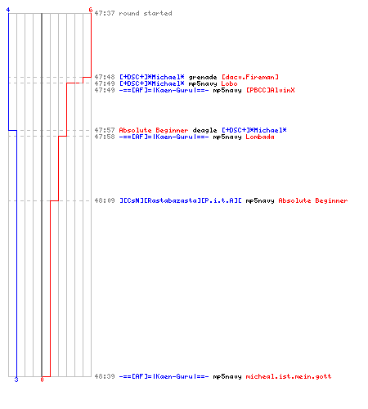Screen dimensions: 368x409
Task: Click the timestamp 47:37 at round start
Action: [x=105, y=13]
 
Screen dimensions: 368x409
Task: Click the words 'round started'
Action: [x=146, y=13]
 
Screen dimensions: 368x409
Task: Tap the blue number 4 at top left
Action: [x=8, y=10]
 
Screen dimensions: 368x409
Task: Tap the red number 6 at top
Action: [x=91, y=10]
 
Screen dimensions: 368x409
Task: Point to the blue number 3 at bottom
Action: [x=16, y=380]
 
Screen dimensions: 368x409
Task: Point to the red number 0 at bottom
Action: [x=42, y=380]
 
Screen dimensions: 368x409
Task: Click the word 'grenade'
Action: [x=203, y=77]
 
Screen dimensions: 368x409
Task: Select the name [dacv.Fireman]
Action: [x=250, y=77]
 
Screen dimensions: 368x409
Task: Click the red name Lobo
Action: [x=229, y=83]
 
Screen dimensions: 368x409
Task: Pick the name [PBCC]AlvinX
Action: [x=271, y=90]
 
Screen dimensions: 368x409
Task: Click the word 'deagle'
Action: [x=204, y=130]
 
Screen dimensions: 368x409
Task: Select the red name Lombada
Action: [x=260, y=137]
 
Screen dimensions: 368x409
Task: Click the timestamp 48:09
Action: [x=105, y=200]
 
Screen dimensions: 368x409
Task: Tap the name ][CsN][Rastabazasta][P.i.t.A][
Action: [x=181, y=200]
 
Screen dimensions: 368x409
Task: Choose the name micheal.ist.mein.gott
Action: [x=289, y=376]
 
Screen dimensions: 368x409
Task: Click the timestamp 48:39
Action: [x=105, y=376]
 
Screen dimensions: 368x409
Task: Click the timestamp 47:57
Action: [x=105, y=130]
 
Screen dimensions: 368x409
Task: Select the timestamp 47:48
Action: [x=105, y=77]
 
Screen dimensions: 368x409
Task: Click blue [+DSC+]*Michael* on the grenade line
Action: [x=152, y=77]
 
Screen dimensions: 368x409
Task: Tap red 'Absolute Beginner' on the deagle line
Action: [x=154, y=130]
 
